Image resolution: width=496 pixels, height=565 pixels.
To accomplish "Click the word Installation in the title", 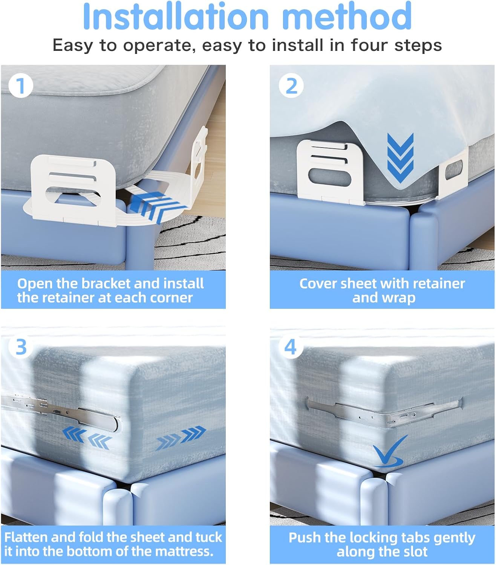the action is pos(176,16).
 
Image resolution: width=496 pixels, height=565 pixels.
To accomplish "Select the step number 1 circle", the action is pos(21,86).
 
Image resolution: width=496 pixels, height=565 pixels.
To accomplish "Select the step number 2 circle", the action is pos(291,86).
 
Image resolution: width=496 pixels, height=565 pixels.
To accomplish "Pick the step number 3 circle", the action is pos(21,347).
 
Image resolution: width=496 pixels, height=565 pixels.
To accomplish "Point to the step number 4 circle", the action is pos(291,347).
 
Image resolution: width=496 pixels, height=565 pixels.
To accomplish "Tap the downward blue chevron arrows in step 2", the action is pos(400,157).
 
